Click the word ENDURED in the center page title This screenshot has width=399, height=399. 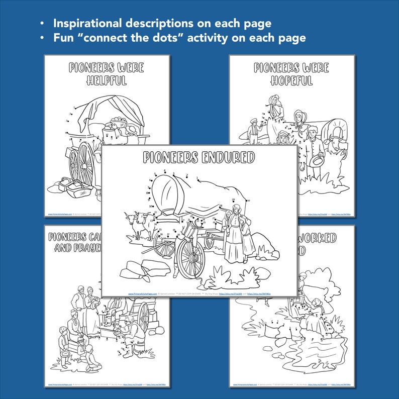[228, 158]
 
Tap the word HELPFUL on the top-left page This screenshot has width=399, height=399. [107, 81]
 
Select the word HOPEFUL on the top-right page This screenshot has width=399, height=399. [291, 80]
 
